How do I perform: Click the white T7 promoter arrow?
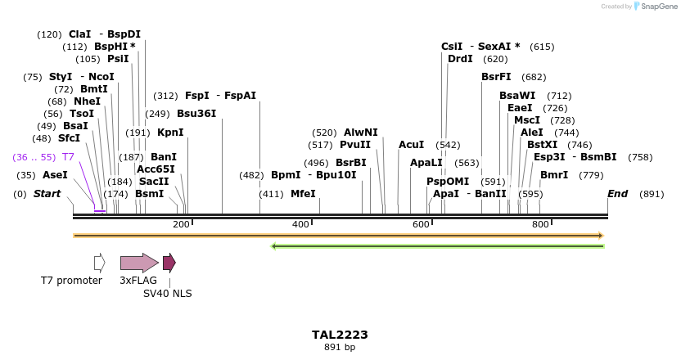99,263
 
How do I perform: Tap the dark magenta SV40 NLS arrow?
169,263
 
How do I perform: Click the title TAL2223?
340,335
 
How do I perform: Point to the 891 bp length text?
340,348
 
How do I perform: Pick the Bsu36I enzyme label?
196,114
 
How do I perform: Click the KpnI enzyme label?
170,133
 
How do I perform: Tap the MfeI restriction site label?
303,194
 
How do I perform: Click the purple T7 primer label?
68,156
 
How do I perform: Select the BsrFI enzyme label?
496,77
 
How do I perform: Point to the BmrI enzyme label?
554,175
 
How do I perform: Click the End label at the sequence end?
618,194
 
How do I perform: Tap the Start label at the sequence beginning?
47,194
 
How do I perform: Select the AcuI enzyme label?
411,145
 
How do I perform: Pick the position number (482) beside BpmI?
252,175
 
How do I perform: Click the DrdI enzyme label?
460,59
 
